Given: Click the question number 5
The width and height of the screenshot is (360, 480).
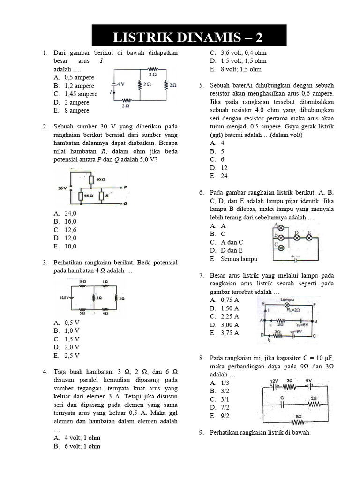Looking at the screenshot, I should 201,86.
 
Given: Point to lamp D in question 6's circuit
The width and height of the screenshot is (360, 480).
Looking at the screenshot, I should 296,232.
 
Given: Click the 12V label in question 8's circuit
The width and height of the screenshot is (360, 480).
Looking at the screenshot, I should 276,380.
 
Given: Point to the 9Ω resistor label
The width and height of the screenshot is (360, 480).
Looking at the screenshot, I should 299,416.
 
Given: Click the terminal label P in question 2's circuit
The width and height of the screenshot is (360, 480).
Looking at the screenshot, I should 125,187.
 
